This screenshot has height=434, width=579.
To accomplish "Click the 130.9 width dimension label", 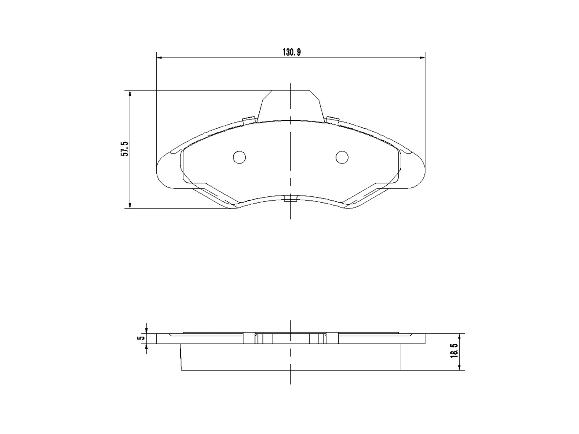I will [x=292, y=52].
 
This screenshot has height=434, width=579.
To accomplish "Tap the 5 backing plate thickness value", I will [x=139, y=338].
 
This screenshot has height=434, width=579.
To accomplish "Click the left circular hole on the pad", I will [x=239, y=157].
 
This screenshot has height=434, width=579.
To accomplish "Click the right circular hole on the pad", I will [x=342, y=157].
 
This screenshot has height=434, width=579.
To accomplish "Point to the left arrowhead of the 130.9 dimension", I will [x=159, y=58].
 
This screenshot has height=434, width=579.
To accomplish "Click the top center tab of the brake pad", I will [x=291, y=105].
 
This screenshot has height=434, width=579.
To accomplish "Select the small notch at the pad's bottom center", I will [x=290, y=199].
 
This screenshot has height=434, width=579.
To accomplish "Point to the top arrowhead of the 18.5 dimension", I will [x=459, y=336].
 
